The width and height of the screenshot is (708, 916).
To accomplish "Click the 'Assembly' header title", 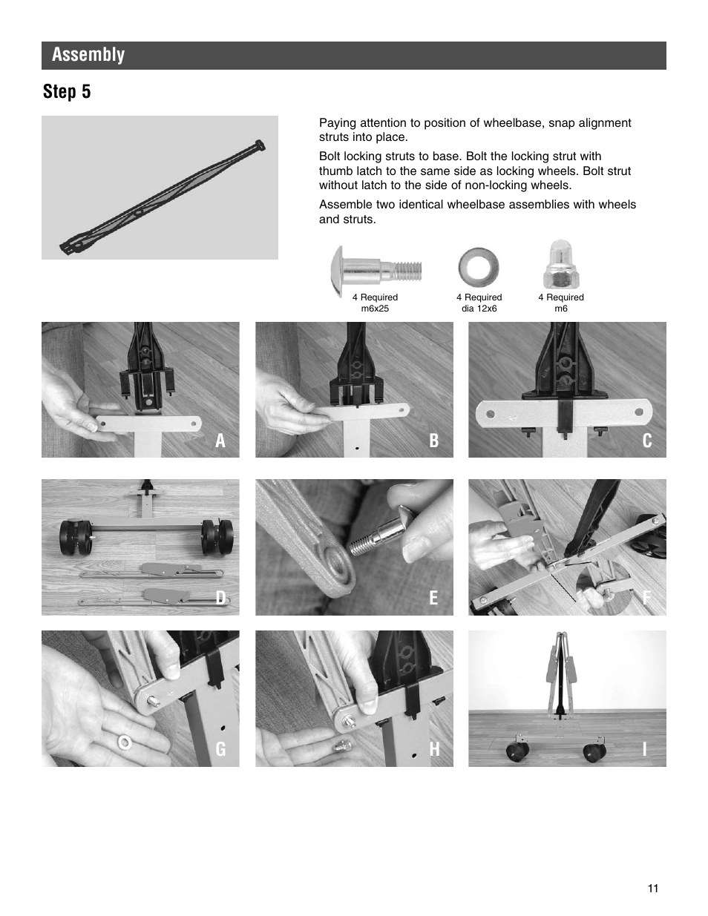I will pos(88,55).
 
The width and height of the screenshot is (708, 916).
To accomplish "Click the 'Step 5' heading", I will pos(67,92).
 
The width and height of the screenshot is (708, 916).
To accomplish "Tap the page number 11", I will pos(652,889).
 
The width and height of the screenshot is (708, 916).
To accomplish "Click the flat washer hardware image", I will pos(479,267).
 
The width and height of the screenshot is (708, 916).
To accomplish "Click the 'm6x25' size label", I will pos(375,309).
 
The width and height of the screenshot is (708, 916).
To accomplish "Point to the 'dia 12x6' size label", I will pos(479,309).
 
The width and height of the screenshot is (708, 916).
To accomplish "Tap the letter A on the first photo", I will pos(220,441).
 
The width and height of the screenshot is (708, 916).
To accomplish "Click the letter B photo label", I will pos(434,441).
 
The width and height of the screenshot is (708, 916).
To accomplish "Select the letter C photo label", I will pos(647,441).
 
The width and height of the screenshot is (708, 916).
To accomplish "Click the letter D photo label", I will pos(220,599).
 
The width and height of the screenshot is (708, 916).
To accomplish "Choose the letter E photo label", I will pos(434,599).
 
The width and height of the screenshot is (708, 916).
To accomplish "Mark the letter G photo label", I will pos(220,750).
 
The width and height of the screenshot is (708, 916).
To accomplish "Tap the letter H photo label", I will pos(434,750).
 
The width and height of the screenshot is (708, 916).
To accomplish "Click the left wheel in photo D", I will pos(74,536).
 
